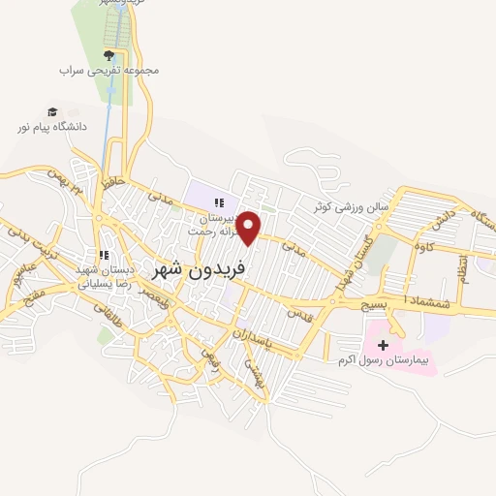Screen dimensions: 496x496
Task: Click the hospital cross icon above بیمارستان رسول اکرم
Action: click(383, 345)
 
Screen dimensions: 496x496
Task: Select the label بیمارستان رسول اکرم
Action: click(383, 361)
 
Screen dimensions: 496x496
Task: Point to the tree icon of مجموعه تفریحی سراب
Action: click(109, 55)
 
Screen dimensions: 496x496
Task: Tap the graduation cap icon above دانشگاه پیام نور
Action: click(52, 111)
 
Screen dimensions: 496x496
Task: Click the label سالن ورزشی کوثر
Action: click(350, 206)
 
